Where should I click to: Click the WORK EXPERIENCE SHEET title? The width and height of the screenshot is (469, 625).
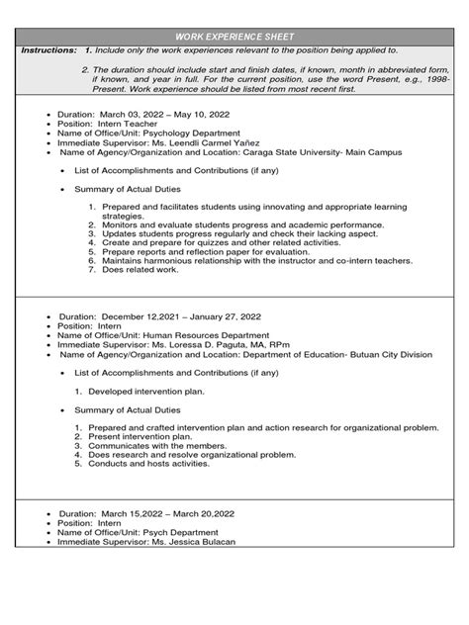tap(234, 36)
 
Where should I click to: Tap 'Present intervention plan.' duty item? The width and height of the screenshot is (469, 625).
tap(146, 436)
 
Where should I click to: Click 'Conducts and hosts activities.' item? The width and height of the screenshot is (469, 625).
tap(158, 463)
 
